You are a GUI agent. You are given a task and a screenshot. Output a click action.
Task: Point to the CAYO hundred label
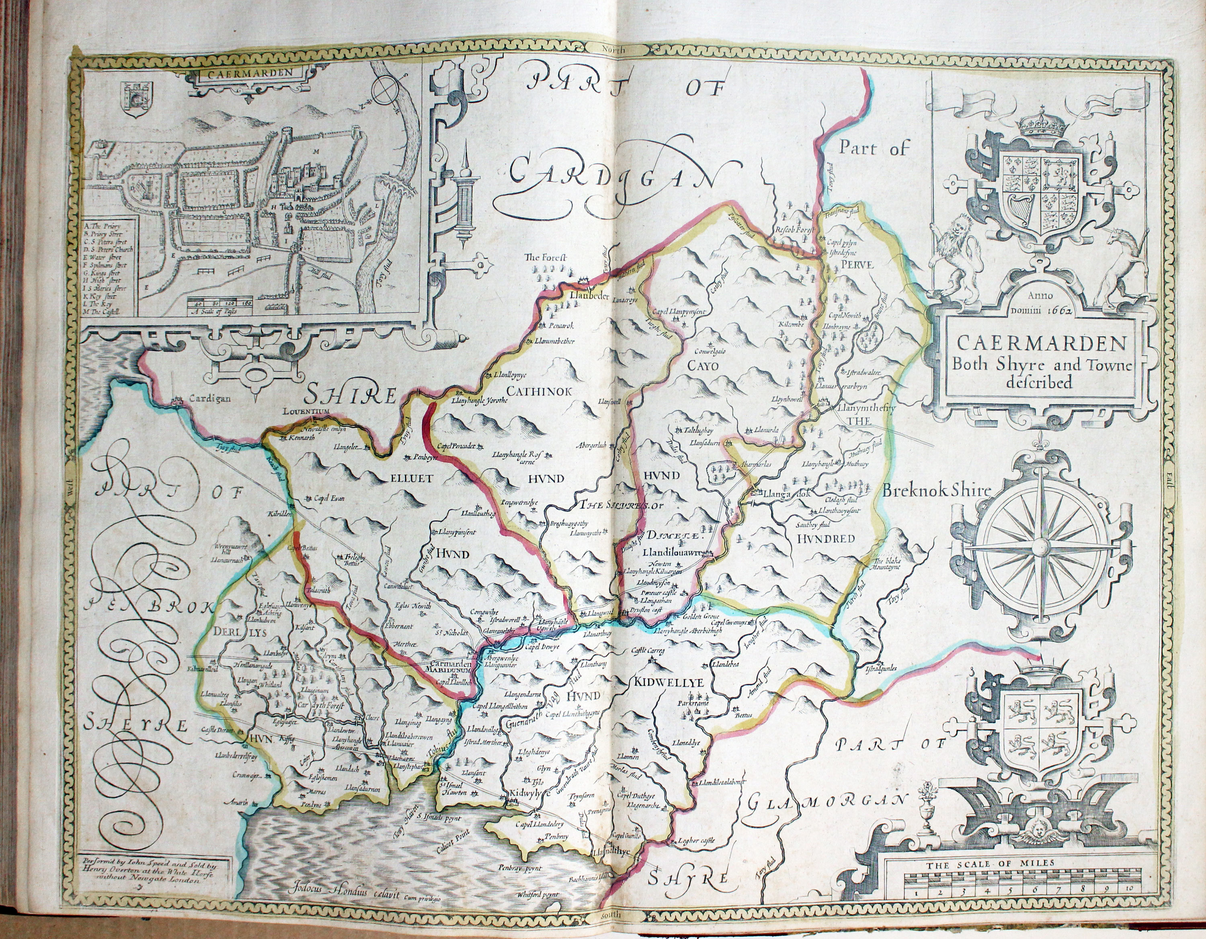702,366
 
